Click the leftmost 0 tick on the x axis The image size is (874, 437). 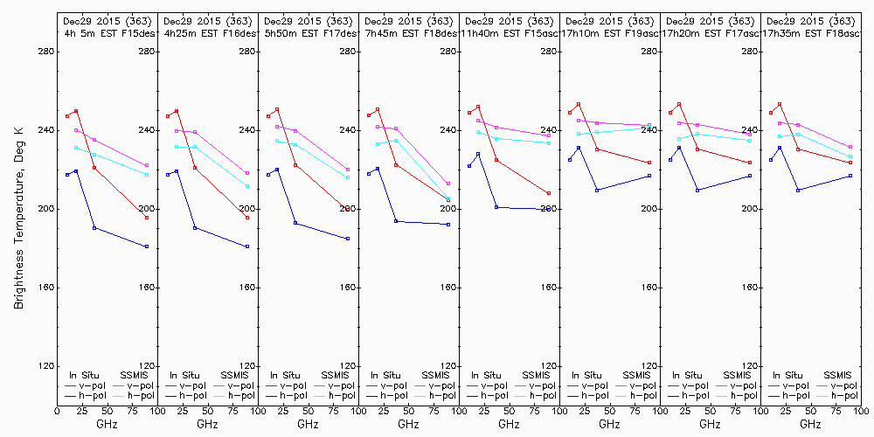coord(57,410)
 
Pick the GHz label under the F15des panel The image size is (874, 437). coord(107,424)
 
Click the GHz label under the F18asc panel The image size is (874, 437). coord(810,424)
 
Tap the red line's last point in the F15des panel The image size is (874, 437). coord(147,218)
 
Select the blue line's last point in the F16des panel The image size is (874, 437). coord(247,246)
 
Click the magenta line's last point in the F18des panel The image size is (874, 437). coord(448,184)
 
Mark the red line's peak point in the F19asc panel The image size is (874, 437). coord(579,104)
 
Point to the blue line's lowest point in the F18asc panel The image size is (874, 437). coord(798,190)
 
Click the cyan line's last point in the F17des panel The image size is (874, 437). coord(348,177)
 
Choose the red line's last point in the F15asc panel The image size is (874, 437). coord(549,193)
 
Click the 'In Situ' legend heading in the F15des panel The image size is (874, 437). coord(86,375)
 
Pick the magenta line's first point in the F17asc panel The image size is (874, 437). coord(679,122)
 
